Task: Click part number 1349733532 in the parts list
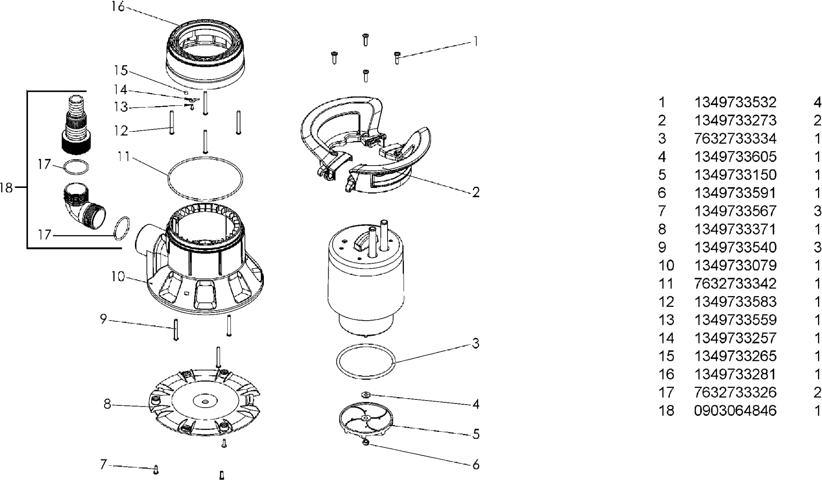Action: point(735,103)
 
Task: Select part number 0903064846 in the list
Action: point(735,410)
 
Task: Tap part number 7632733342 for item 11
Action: point(735,284)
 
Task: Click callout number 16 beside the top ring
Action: point(118,7)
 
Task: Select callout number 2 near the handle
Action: point(476,192)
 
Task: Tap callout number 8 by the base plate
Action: point(107,404)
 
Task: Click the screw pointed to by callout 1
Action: point(397,58)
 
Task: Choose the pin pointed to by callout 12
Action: point(172,123)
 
